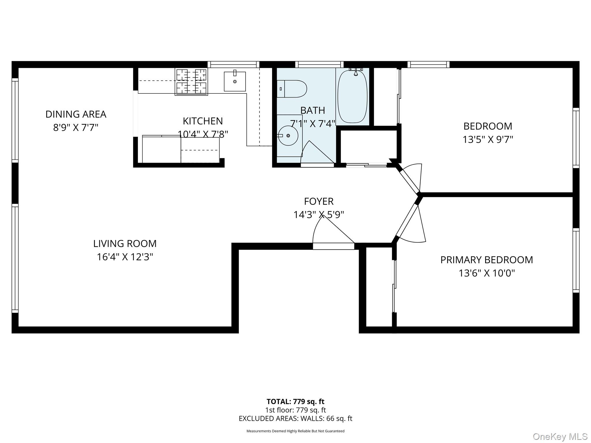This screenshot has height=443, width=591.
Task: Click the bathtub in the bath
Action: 352,96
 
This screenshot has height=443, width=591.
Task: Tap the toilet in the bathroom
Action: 292,89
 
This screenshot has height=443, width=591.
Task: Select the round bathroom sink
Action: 288,135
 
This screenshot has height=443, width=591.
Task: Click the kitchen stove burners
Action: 191,82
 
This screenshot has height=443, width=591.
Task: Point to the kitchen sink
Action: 235,81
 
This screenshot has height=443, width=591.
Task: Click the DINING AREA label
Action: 76,114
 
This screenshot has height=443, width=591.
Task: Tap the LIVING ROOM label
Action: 125,244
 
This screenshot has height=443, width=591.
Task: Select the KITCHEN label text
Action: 203,121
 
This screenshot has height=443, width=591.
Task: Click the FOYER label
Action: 319,201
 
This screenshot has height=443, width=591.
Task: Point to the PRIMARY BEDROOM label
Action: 487,260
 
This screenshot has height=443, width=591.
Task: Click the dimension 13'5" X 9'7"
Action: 488,140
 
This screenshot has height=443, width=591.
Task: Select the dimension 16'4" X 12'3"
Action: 125,257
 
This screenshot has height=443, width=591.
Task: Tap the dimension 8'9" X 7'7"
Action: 76,127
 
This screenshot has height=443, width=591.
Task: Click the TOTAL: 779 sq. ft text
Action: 295,401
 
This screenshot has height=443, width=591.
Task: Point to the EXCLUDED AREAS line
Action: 295,418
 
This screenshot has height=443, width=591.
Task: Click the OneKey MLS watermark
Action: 560,437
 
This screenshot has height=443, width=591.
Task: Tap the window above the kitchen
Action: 233,64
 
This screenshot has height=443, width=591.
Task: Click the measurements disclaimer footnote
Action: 295,431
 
